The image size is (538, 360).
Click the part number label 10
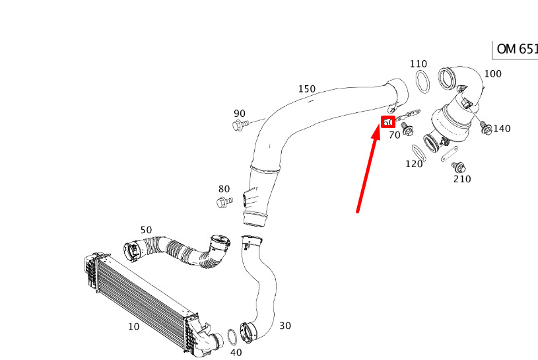coord(133,326)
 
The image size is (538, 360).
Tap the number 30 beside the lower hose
coord(285,326)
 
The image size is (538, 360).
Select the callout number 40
coord(236,352)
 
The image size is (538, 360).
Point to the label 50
coord(146,230)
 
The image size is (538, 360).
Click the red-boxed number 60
coord(388,122)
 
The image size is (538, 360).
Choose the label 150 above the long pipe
coord(307,89)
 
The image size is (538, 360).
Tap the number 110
coord(419,64)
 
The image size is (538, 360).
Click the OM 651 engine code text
coord(516,50)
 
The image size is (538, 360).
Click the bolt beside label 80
coord(224,201)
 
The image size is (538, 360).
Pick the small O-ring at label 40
coord(232,337)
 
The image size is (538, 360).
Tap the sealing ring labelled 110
coord(422,83)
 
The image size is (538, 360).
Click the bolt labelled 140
coord(485,126)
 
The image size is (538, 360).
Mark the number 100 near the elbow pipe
coord(493,73)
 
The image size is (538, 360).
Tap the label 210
coord(462,179)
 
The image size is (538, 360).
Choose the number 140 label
coord(502,129)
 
